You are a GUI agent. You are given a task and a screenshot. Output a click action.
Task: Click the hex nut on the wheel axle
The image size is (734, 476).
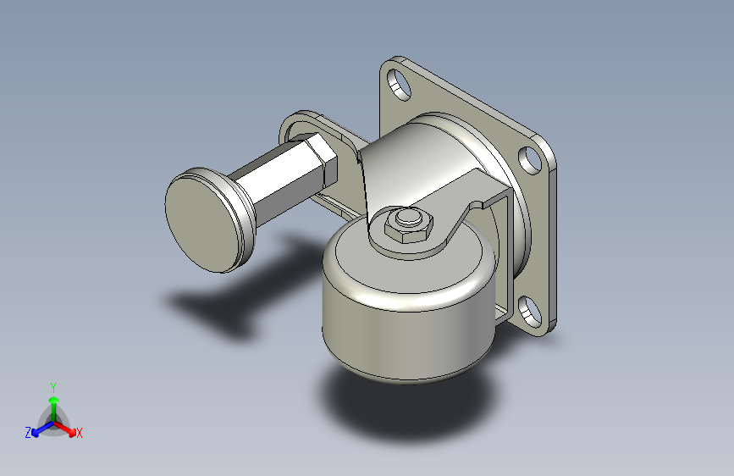coord(409,226)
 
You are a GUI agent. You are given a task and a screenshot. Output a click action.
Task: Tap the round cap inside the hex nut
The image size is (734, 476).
coord(408,218)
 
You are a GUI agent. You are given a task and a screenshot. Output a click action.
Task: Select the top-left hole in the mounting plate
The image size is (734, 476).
coord(400,85)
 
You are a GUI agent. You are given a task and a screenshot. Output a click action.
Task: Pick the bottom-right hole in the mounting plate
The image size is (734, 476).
coord(530,311)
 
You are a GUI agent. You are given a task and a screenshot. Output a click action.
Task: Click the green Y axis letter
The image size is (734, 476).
coord(53,387)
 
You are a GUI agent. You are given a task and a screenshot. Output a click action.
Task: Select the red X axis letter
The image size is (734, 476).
coord(79,433)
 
